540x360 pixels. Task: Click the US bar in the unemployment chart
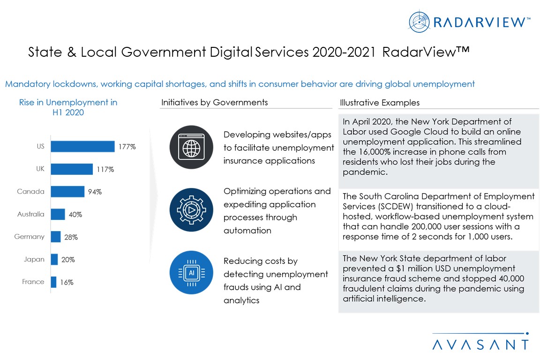[82, 147]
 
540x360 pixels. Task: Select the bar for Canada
[67, 192]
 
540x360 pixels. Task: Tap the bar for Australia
[58, 214]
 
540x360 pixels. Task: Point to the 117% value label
[105, 169]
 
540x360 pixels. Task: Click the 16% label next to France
[67, 282]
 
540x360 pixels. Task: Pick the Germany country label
[29, 237]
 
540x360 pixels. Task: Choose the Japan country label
[34, 259]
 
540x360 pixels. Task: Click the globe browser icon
[191, 147]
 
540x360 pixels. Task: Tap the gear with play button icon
[191, 210]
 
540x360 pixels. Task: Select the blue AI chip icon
[191, 272]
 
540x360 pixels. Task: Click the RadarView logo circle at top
[419, 22]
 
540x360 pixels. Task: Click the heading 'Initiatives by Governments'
[215, 102]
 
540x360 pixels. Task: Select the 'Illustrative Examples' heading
[380, 102]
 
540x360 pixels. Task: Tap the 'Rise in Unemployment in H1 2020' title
[68, 107]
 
